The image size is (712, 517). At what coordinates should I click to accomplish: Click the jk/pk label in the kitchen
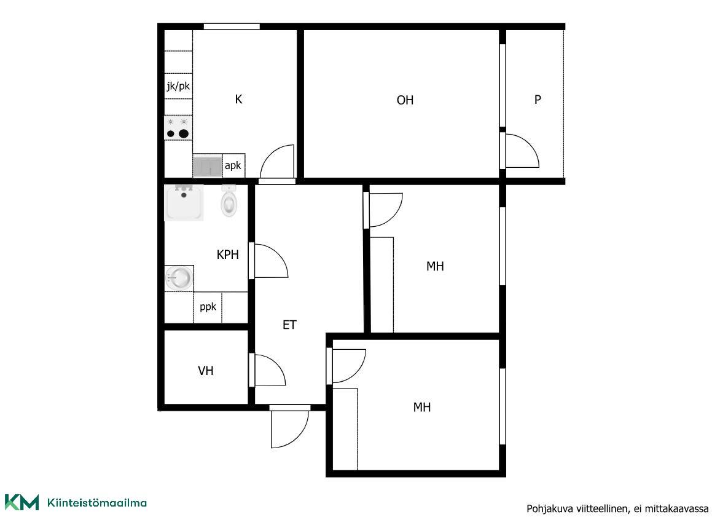coord(178,85)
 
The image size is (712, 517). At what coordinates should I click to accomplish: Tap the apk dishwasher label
coord(233,166)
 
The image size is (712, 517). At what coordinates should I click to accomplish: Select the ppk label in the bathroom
coord(208,307)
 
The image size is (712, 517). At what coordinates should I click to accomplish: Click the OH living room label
coord(405,100)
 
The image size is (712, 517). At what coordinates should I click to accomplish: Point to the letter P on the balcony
coord(538,100)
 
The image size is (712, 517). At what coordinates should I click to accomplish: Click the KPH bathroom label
coord(227,255)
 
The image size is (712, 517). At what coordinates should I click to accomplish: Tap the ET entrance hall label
coord(289,325)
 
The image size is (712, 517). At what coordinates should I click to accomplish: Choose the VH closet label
coord(206,371)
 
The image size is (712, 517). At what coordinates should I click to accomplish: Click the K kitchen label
coord(238,99)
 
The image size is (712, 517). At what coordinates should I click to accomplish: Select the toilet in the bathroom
coord(229,201)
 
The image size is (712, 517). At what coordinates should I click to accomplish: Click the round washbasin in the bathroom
coord(178,277)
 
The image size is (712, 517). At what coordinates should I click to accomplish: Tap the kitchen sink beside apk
coord(208,166)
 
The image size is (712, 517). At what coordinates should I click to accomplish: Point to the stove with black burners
coord(178,128)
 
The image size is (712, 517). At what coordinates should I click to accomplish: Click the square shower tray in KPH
coord(184,203)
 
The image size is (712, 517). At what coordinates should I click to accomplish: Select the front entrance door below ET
coord(290,427)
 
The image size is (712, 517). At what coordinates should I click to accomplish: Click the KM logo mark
coord(22,502)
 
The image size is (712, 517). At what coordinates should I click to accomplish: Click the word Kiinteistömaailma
coord(96,502)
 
